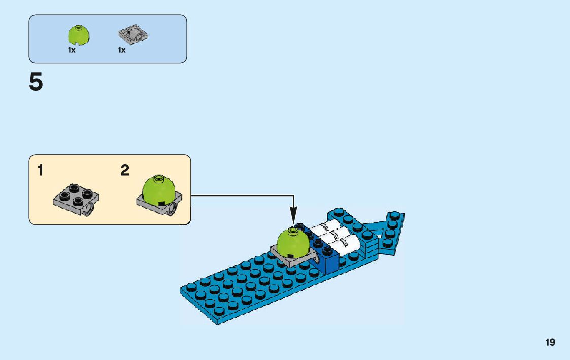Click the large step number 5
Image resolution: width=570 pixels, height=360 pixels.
[x=36, y=82]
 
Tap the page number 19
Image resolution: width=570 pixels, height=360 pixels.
[x=550, y=343]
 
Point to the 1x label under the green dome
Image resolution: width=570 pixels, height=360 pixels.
[x=72, y=50]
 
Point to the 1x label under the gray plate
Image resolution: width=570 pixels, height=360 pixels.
[x=122, y=50]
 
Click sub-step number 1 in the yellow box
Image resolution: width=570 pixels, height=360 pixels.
[x=40, y=171]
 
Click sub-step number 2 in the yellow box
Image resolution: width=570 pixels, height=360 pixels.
[x=125, y=171]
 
